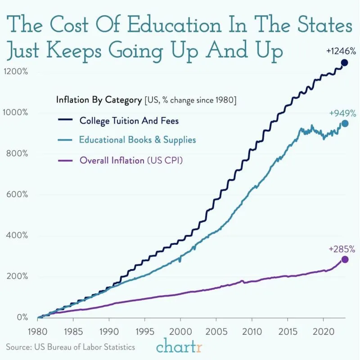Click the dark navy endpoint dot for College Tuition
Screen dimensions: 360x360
pos(344,63)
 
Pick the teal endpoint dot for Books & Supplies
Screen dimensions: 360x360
pos(345,123)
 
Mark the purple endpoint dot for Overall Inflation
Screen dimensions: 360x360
pos(345,259)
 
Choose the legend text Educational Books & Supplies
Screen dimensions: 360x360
pos(137,140)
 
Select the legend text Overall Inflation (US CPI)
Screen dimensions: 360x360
pos(131,160)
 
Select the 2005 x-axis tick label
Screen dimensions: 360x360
pos(216,331)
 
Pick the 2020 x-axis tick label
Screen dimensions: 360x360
pos(323,331)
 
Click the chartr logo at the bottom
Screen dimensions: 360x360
pos(180,347)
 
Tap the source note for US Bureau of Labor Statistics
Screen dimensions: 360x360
pos(71,347)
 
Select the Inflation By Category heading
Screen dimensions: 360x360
pos(99,100)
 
